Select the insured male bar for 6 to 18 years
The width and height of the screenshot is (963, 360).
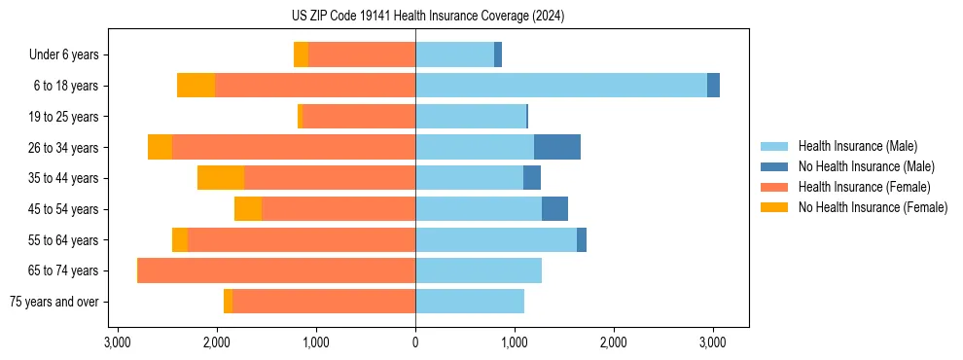561,86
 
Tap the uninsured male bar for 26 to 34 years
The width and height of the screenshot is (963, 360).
557,147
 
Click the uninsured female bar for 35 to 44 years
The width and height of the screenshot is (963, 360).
221,178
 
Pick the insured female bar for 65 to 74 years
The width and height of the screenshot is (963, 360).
277,270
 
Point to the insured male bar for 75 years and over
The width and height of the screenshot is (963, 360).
470,302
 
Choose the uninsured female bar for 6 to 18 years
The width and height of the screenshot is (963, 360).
196,86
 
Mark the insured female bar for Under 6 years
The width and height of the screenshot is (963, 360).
362,54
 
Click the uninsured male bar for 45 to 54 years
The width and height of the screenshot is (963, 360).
554,209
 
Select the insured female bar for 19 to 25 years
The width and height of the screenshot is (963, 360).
359,117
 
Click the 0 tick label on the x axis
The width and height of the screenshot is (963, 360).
415,342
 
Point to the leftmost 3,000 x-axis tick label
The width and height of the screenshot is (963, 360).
117,342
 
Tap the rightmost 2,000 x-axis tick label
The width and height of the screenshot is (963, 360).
613,342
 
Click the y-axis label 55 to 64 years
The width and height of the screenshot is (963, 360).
64,240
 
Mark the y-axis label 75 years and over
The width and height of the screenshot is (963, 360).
53,302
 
